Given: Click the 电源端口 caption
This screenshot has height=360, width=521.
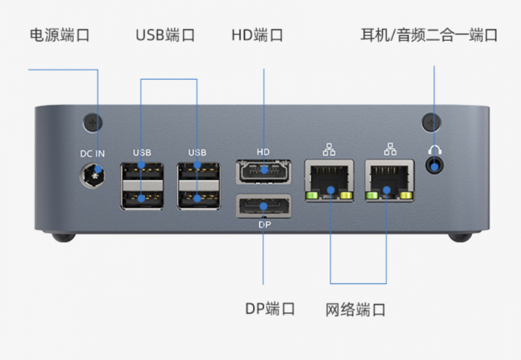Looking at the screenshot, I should point(60,35).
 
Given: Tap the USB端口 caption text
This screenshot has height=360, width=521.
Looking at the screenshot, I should point(165,35).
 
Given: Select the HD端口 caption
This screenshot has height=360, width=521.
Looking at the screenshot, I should point(257,35).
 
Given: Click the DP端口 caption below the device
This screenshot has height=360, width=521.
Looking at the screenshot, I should point(270,309).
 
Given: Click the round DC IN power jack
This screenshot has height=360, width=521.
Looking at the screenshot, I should point(93,176).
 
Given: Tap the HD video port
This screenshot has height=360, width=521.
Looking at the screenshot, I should point(263,170).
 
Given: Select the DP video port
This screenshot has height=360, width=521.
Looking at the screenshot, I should point(263,205).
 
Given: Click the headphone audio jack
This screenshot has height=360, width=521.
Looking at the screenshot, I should point(435,164).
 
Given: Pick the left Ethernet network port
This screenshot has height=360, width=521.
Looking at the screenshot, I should point(327,180).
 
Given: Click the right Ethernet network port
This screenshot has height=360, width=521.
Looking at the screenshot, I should point(389,180).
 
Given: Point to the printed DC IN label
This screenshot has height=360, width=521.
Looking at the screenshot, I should point(93,153).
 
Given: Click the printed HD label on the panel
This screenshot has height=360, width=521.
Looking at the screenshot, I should point(263,152).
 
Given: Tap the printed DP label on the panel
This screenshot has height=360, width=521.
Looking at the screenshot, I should point(264,224).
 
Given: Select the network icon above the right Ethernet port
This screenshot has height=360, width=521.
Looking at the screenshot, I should point(389,148).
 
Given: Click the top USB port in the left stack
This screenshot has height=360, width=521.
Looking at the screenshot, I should point(142,172).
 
